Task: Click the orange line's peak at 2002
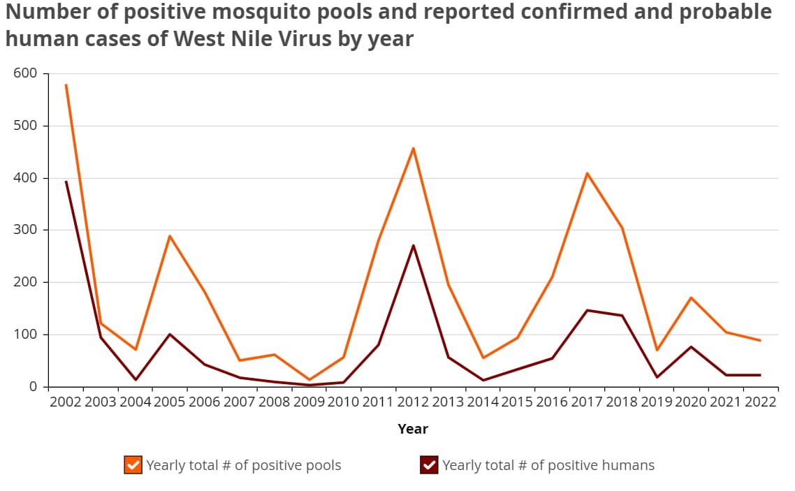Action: (66, 85)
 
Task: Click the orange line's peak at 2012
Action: (413, 148)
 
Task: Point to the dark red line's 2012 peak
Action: (413, 245)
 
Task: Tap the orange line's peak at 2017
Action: (587, 173)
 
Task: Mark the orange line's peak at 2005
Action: (170, 236)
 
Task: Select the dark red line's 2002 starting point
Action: (66, 182)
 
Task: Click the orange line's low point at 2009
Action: (309, 380)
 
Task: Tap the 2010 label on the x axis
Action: (343, 403)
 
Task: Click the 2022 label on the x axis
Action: (760, 403)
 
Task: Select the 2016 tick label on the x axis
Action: (552, 403)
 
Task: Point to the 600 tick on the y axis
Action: (27, 73)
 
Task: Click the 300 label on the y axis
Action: (27, 230)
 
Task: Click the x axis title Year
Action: (413, 429)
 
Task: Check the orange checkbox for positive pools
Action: (133, 465)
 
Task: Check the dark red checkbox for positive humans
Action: (429, 465)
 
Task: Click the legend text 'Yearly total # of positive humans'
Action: (548, 465)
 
